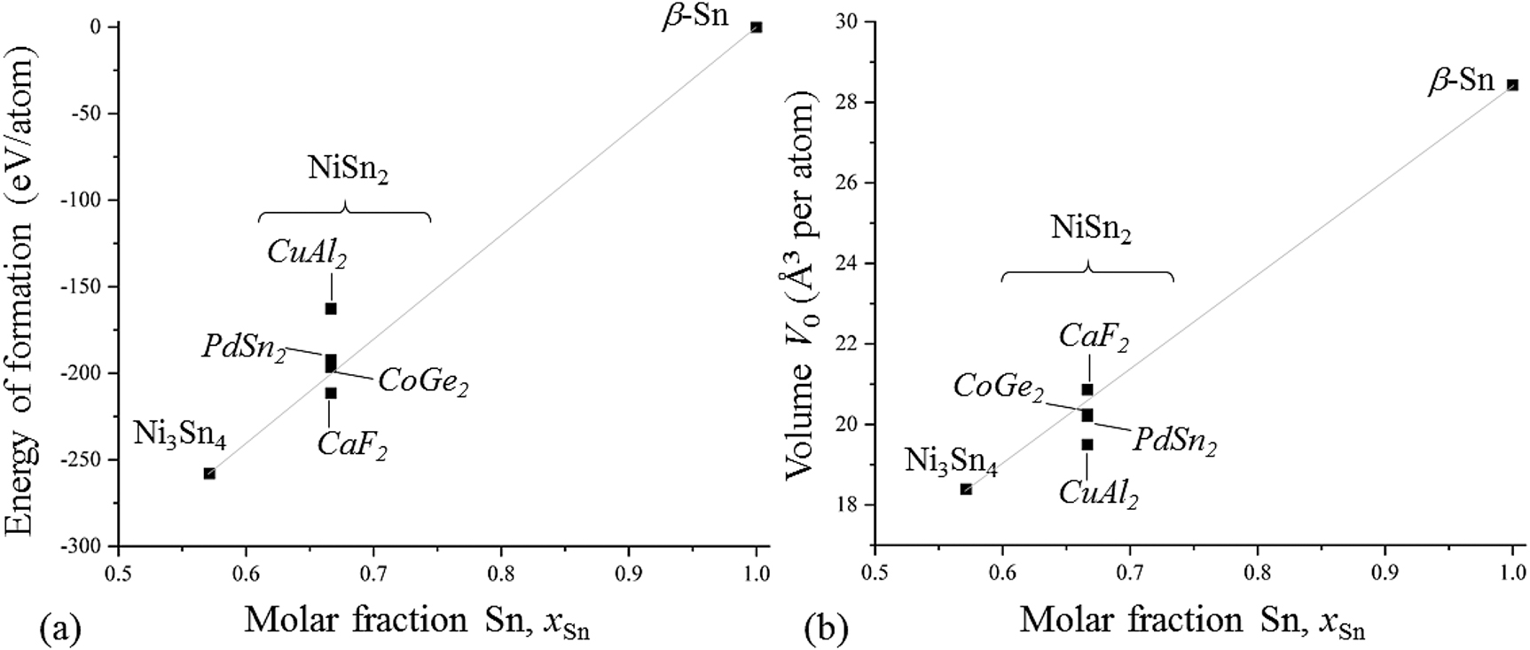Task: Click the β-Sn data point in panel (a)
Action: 756,27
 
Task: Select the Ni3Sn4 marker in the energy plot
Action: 209,474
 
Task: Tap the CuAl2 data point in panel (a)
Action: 331,309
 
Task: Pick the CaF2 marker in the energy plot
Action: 331,393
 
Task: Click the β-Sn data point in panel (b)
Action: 1512,85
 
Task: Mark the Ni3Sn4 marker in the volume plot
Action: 966,489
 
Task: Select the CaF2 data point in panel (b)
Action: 1087,389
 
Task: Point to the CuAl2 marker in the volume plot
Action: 1087,444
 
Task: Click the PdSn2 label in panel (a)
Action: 244,347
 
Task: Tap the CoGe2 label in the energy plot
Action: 423,382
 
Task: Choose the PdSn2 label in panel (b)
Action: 1173,441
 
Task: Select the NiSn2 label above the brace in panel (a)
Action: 348,170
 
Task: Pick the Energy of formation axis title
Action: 21,293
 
